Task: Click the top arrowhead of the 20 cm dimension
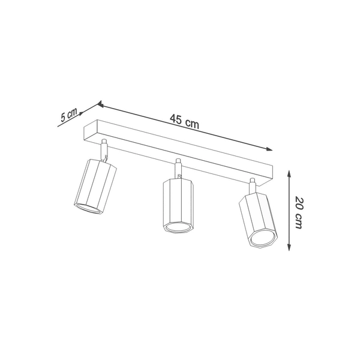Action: tap(290, 172)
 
